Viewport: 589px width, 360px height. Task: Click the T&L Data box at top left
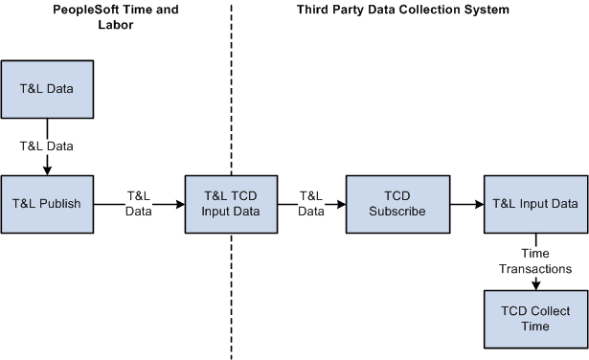click(47, 89)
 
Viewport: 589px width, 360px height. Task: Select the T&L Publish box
click(47, 204)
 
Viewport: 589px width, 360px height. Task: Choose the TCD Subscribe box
click(391, 204)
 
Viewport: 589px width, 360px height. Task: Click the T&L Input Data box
click(534, 204)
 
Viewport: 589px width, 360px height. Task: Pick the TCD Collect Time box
click(534, 319)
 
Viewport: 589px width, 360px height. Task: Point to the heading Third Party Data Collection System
click(400, 10)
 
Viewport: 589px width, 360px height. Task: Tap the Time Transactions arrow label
click(534, 262)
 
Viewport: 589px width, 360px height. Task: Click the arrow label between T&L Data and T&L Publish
click(47, 146)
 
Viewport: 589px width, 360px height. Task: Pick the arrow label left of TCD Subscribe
click(310, 204)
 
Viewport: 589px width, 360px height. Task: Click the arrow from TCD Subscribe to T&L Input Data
click(459, 204)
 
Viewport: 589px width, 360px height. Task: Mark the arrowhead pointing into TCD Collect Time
click(534, 284)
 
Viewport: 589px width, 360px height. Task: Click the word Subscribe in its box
click(391, 212)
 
